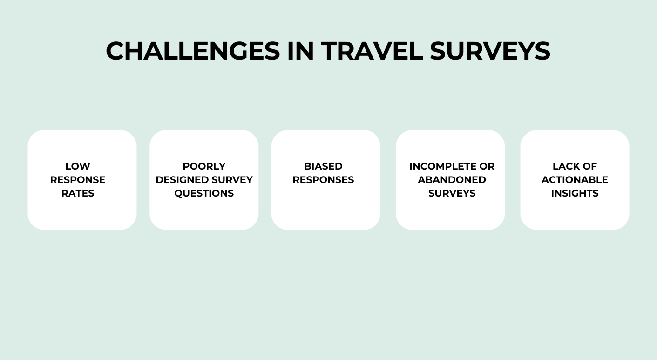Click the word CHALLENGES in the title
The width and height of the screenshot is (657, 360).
193,51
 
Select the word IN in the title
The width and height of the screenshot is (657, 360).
300,51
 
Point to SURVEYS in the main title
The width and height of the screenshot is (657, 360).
490,51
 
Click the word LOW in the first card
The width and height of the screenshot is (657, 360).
78,166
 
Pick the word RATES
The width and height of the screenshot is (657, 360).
78,193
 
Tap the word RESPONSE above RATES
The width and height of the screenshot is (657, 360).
78,180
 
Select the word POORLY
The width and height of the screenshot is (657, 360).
204,166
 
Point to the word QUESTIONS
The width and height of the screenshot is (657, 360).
204,193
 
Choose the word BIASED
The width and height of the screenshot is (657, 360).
323,166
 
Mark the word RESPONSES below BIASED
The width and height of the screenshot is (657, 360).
323,180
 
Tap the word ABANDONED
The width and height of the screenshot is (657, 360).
452,180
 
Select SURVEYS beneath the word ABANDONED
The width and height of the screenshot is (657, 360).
452,193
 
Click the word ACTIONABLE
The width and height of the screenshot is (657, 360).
575,180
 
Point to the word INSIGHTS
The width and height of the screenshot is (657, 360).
575,193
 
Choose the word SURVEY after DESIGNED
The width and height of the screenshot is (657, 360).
231,180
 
